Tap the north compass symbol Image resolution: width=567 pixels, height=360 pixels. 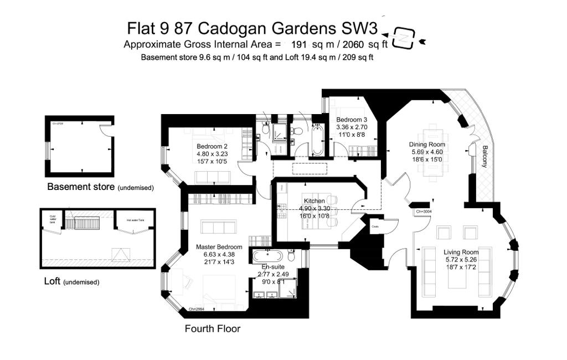404,38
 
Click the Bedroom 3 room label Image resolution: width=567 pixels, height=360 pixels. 352,120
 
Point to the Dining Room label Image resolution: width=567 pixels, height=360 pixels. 428,145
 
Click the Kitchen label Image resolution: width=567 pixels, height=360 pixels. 315,200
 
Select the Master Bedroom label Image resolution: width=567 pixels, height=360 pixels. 219,247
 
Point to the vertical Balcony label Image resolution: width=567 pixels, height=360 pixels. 485,157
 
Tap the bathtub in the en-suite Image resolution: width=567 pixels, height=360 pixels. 269,256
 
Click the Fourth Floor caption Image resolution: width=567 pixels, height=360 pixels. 213,329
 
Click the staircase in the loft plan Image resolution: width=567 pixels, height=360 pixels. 86,223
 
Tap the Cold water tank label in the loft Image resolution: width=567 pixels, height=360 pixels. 53,218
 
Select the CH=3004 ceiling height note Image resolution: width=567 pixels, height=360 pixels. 424,212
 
